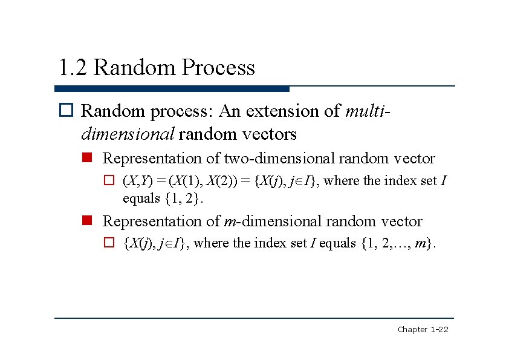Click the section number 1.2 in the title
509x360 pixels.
(73, 68)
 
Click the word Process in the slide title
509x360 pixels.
(218, 68)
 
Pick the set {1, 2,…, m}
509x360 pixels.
(397, 243)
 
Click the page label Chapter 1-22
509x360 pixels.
(423, 330)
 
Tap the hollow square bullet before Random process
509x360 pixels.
(66, 111)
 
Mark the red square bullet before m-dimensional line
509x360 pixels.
(88, 221)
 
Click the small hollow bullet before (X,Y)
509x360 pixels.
(109, 180)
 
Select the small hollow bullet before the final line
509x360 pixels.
(109, 243)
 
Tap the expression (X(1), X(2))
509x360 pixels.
(204, 180)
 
